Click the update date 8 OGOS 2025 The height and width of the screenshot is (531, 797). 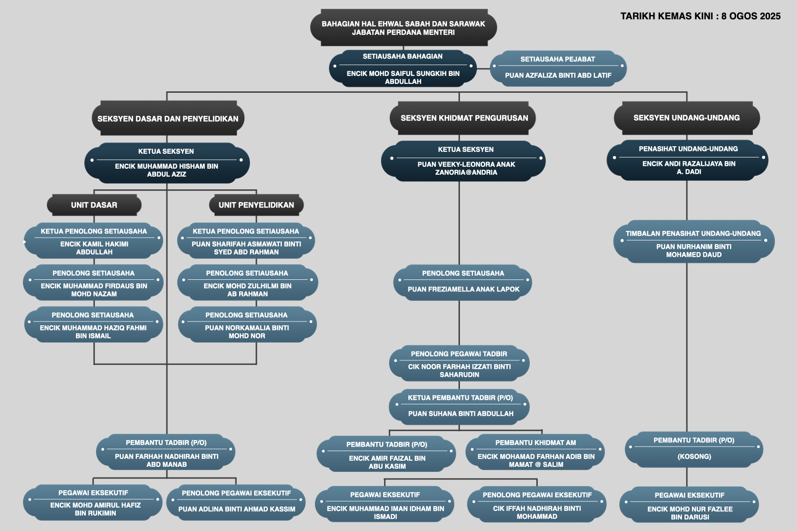pos(751,16)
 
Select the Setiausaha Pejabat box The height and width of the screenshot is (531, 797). pos(558,68)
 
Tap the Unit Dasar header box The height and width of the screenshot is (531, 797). pos(94,205)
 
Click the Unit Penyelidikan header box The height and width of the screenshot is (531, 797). pos(256,205)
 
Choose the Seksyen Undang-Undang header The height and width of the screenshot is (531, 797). pos(687,118)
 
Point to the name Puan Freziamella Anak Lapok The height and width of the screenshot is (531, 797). pos(463,289)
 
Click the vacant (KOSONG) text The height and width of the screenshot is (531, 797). pos(694,456)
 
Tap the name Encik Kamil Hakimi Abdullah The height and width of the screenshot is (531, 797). pos(94,248)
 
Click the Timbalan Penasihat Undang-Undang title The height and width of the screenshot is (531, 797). pos(693,233)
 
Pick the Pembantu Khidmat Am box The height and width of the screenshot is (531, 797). pos(535,452)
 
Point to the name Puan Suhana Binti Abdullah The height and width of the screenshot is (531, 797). pos(461,414)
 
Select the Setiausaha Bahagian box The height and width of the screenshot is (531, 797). pos(403,68)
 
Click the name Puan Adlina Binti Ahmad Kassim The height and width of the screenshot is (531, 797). pos(237,509)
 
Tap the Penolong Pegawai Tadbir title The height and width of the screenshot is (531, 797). pos(459,354)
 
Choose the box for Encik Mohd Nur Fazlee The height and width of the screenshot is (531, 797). pos(689,504)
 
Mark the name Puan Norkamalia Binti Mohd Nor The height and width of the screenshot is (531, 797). pos(247,332)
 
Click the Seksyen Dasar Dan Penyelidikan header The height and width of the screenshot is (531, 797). pos(168,118)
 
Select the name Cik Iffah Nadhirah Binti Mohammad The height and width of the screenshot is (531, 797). pos(537,513)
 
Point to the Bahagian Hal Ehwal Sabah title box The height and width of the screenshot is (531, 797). pos(404,28)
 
